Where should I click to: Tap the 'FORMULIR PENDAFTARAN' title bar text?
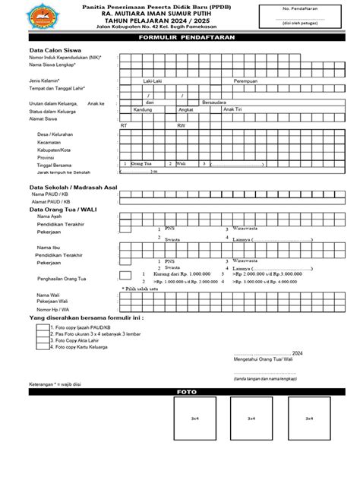(180, 37)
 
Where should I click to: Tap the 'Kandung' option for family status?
(143, 109)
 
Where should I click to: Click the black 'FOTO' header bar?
(180, 392)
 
